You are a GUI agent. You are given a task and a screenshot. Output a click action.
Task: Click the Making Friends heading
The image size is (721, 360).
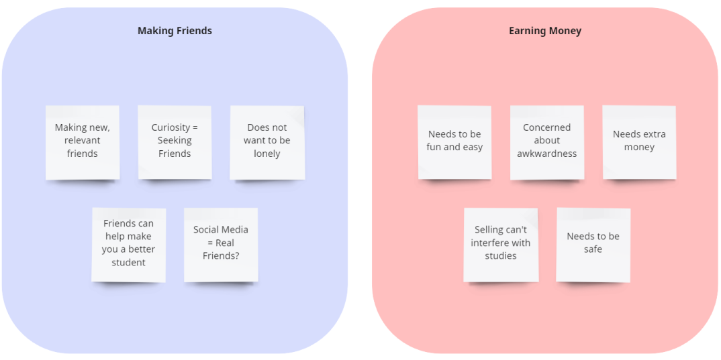[x=175, y=31]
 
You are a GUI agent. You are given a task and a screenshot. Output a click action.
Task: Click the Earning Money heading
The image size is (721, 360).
[x=545, y=31]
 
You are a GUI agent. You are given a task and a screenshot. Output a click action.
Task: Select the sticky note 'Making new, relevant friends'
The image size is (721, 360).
[x=83, y=142]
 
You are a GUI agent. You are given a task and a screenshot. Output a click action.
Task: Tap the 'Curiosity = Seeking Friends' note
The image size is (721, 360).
[x=175, y=142]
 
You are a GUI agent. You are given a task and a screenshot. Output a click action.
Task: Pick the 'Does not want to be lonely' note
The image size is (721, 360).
[x=267, y=142]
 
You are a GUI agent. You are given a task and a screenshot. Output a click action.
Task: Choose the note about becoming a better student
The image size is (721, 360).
[x=128, y=245]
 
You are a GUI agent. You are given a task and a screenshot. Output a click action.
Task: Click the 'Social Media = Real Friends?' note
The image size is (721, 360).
[x=221, y=245]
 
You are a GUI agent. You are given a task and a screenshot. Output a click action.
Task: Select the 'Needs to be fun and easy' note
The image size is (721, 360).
[x=454, y=142]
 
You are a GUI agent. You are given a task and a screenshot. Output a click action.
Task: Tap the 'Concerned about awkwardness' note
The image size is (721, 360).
[x=546, y=142]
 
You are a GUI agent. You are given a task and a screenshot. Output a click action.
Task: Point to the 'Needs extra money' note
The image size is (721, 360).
[x=639, y=142]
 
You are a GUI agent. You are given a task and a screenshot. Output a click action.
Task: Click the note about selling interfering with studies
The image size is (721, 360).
[x=501, y=245]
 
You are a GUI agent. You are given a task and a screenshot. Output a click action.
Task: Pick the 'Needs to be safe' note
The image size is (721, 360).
[x=593, y=245]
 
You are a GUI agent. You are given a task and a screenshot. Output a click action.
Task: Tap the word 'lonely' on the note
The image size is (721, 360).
[x=267, y=154]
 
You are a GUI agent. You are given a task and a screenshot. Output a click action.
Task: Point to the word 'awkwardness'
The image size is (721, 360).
[x=546, y=154]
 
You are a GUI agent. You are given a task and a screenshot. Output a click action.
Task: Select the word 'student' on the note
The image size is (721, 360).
[x=128, y=262]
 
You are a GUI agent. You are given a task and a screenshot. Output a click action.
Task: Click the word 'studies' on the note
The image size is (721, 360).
[x=501, y=255]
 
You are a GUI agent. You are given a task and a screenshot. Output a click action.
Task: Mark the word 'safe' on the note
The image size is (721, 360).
[x=593, y=249]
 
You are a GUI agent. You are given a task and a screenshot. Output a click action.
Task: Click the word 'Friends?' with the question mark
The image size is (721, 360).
[x=221, y=255]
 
